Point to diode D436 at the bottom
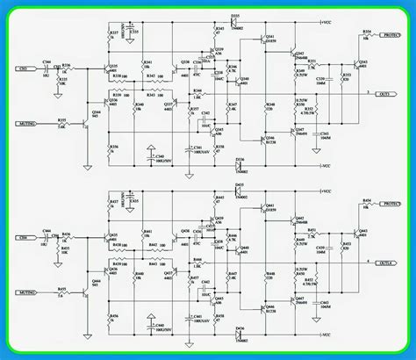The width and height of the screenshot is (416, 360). point(239,335)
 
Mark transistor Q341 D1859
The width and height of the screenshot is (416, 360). point(269,40)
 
